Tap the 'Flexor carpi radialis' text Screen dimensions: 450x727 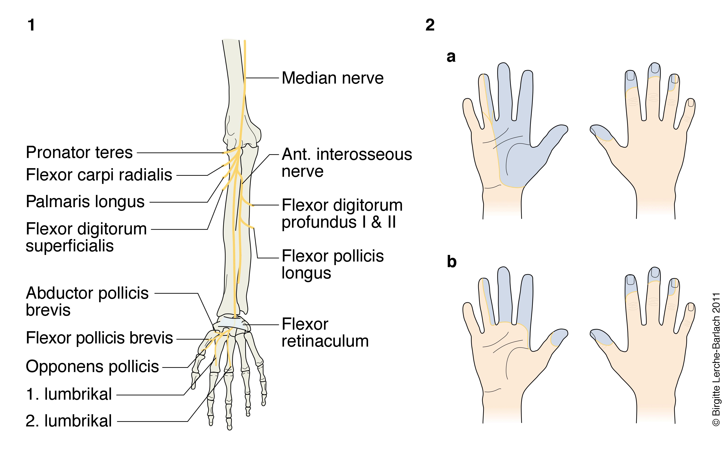click(99, 175)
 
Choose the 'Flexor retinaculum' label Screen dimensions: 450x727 click(325, 332)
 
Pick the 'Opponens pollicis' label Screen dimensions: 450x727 click(92, 366)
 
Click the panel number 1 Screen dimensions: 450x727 click(31, 25)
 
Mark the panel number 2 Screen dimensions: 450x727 click(430, 25)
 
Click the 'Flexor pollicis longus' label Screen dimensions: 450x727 click(332, 264)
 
